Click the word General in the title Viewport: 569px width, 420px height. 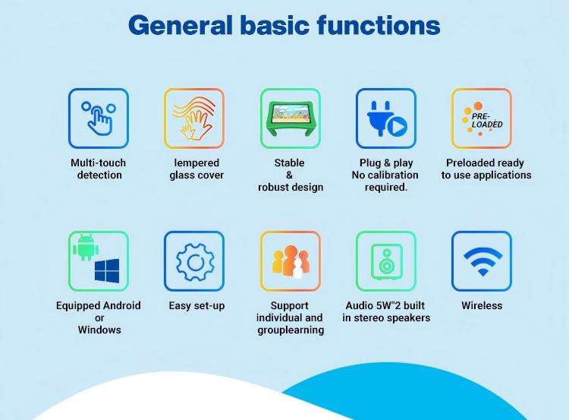181,26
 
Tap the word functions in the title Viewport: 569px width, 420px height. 379,25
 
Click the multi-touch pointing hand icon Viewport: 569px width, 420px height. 99,118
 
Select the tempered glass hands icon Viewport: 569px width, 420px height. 193,118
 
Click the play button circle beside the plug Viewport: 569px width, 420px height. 397,127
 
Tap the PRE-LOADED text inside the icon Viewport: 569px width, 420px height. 487,121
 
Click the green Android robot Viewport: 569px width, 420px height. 86,248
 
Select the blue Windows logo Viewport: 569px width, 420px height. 107,270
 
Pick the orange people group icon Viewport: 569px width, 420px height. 291,261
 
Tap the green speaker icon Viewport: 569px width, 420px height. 386,261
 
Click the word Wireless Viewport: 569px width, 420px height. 482,305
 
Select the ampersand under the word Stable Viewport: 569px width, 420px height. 289,175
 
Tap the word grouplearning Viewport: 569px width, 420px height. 291,330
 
